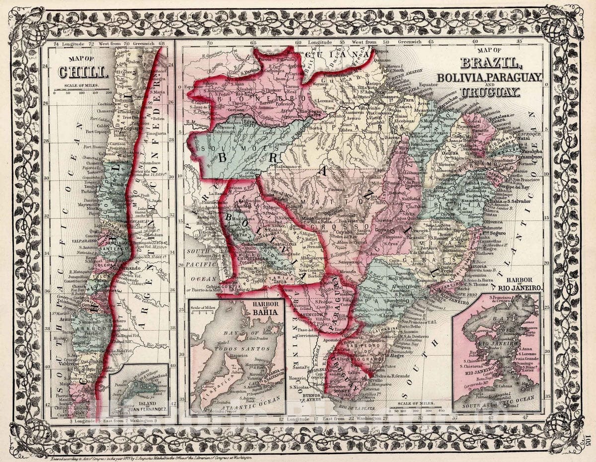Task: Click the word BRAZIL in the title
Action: pos(489,64)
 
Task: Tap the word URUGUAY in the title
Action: pos(489,92)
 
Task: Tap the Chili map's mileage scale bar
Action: pos(82,93)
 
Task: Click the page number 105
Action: pos(588,439)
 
